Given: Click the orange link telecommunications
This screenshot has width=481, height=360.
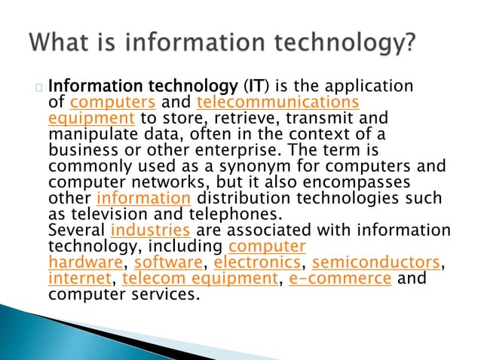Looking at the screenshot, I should tap(277, 102).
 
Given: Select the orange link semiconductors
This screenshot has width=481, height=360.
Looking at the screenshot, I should tap(375, 261).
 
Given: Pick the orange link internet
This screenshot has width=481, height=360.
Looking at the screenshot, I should tap(78, 278).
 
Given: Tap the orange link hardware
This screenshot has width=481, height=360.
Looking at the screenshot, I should tap(84, 261).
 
